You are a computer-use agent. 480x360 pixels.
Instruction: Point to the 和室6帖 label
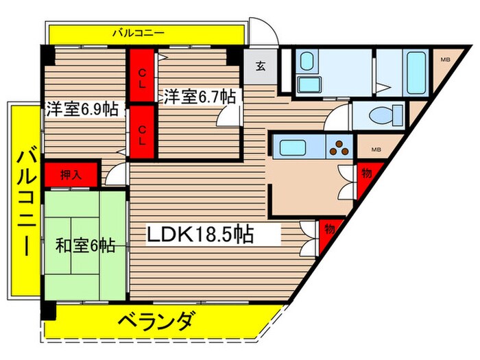pyautogui.click(x=86, y=244)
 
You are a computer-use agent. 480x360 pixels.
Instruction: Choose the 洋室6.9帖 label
pyautogui.click(x=82, y=108)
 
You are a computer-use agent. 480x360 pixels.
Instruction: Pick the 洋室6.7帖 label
pyautogui.click(x=199, y=96)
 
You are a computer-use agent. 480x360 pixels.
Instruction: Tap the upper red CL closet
pyautogui.click(x=143, y=76)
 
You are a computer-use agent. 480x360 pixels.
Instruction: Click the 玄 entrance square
pyautogui.click(x=261, y=66)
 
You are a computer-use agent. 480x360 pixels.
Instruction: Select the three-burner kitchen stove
pyautogui.click(x=339, y=147)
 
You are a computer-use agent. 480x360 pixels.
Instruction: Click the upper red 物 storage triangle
pyautogui.click(x=365, y=176)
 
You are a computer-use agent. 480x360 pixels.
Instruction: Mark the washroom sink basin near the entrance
pyautogui.click(x=305, y=65)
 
